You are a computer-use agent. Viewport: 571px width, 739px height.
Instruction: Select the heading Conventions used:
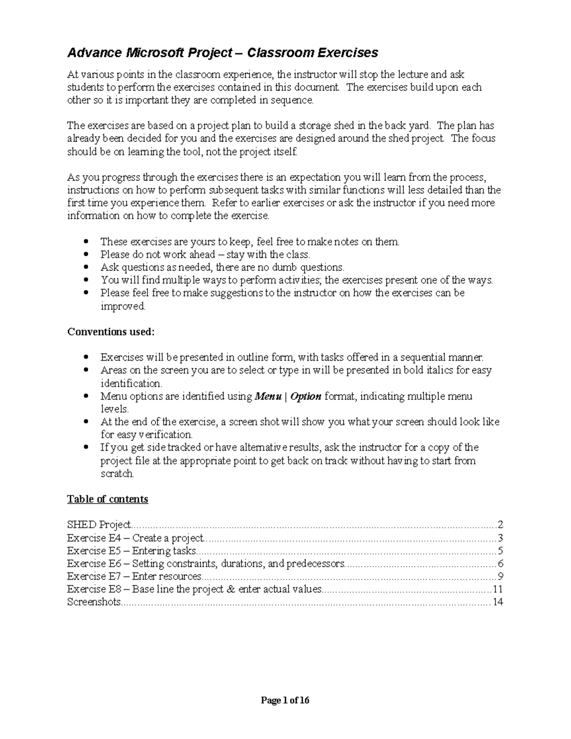111,332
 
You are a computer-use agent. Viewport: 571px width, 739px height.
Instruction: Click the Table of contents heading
108,499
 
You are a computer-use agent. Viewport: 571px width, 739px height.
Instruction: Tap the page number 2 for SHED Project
500,525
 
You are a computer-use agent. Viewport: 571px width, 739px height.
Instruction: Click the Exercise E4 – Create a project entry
136,538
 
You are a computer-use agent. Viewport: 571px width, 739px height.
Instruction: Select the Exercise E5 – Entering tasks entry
132,551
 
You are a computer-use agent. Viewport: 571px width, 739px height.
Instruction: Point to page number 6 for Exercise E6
500,564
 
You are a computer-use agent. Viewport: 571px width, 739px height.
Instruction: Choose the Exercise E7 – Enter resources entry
134,577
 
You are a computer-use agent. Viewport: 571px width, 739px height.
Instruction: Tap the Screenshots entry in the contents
94,602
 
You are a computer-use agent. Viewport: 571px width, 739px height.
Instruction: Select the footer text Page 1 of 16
285,700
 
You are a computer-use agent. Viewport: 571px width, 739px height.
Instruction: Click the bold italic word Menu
268,396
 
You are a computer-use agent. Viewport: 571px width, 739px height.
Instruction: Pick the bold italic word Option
305,396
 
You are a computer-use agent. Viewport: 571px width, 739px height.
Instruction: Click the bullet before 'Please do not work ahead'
86,255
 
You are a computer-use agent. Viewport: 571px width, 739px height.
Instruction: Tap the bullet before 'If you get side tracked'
86,448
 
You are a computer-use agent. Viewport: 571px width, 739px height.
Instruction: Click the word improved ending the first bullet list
122,306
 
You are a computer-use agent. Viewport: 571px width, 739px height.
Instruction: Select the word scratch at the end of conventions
117,474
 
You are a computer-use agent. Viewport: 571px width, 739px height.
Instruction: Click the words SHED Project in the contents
98,525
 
